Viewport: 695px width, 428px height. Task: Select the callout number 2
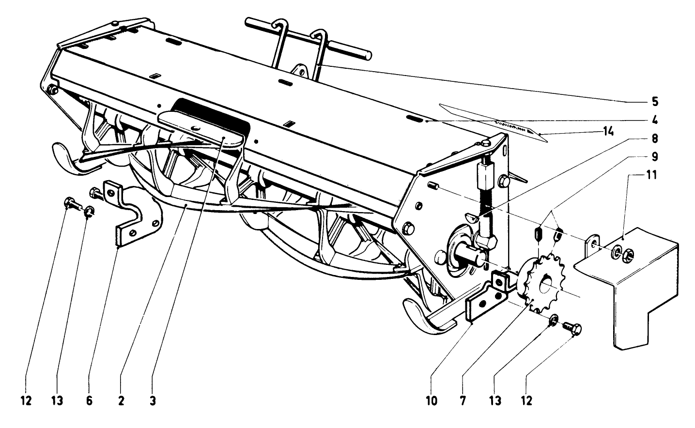click(x=121, y=401)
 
